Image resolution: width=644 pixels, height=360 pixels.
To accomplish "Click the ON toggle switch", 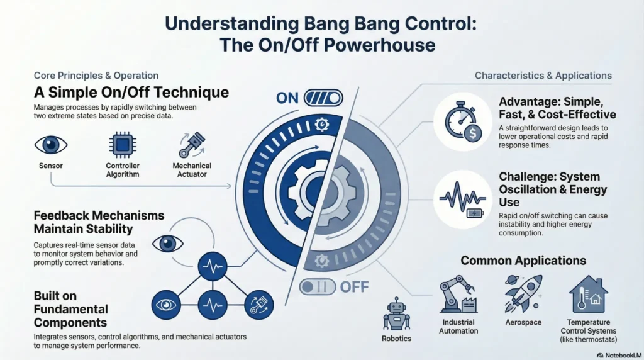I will point(323,98).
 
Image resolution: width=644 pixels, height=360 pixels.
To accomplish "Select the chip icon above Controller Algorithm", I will point(121,144).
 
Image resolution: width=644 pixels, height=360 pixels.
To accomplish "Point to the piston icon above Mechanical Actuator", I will point(192,144).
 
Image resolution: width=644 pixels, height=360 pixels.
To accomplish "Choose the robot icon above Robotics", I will point(396,313).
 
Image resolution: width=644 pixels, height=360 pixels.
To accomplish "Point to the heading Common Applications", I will point(523,261).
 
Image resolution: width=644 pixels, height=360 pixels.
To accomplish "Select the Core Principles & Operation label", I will point(96,76).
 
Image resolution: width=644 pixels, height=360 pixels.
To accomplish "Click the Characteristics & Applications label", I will point(543,76).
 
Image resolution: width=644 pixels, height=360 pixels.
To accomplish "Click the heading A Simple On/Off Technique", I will point(131,93).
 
